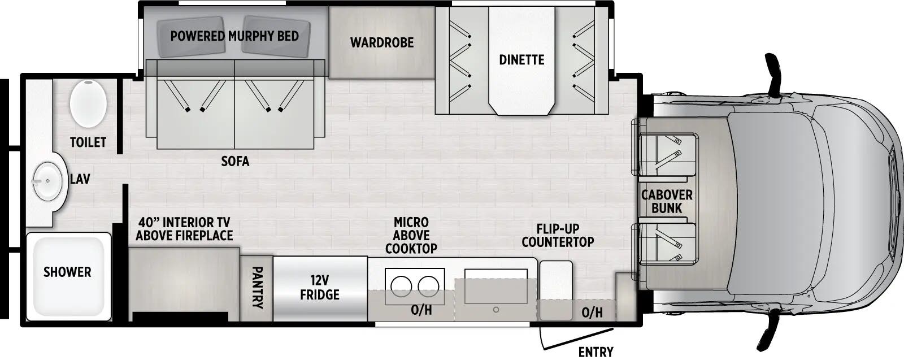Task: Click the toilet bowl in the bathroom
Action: [88, 103]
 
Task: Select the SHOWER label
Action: [67, 272]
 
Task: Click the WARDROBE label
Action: [381, 42]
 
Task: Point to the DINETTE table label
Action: [521, 59]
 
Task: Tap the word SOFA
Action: [235, 162]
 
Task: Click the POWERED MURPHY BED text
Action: [234, 36]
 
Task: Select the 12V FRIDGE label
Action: [320, 287]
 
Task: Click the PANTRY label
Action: [257, 288]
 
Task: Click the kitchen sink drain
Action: [496, 310]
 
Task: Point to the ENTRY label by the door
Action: [596, 352]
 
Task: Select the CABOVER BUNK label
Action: [667, 201]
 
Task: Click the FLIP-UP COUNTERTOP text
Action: [558, 235]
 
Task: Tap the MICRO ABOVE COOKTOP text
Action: [411, 235]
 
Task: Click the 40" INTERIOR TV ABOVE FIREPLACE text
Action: [184, 229]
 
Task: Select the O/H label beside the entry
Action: [592, 312]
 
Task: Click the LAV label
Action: [80, 179]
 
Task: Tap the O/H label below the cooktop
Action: [421, 310]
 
